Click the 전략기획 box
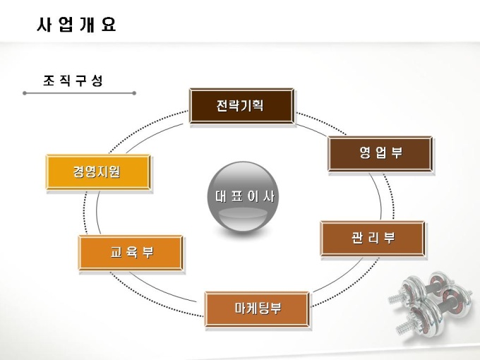[x=241, y=106]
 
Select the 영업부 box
[x=380, y=153]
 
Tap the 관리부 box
[x=372, y=238]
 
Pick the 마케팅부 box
[x=257, y=308]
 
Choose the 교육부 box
[x=131, y=253]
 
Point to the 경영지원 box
[x=97, y=172]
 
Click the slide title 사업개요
[x=77, y=26]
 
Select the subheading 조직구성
[x=73, y=80]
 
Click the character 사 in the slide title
[x=44, y=26]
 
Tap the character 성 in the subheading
[x=97, y=80]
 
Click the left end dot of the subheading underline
[x=25, y=92]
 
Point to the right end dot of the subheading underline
[x=134, y=92]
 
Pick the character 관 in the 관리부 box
[x=357, y=238]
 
